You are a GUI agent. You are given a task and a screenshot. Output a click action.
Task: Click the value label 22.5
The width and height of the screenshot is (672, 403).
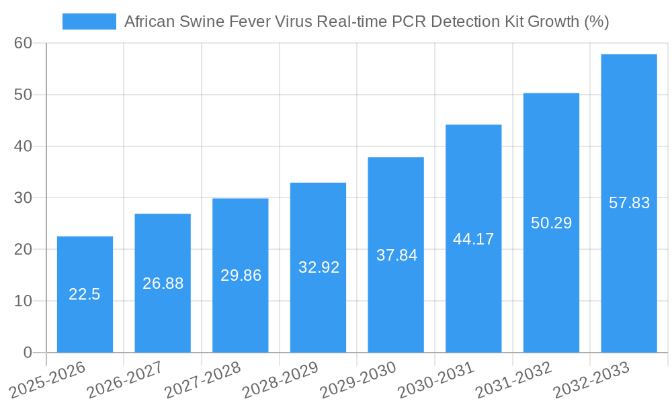[x=85, y=294]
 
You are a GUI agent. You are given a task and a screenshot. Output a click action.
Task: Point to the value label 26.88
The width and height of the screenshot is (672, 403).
[x=163, y=283]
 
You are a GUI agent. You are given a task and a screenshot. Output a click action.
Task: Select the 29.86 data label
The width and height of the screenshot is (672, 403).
[x=241, y=275]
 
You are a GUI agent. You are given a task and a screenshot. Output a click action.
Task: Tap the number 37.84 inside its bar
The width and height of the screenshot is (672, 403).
[x=396, y=255]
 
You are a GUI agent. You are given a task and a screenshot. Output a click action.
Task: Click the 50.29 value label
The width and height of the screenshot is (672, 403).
[x=551, y=223]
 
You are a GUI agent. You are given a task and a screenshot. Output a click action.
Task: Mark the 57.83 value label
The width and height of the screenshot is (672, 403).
[x=629, y=203]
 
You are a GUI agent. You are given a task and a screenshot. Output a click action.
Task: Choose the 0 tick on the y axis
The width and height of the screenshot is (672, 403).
[x=28, y=353]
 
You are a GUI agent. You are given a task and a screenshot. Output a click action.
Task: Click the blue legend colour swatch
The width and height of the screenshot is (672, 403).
[x=89, y=21]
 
